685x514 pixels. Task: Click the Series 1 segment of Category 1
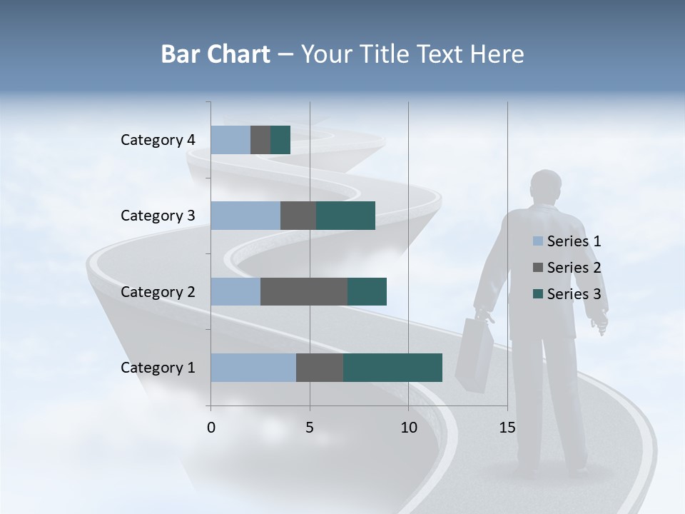253,368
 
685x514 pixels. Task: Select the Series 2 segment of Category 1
320,368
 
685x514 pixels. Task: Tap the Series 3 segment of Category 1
392,368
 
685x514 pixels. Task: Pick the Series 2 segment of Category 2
304,291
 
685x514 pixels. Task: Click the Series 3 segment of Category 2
367,291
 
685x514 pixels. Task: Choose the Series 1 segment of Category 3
245,216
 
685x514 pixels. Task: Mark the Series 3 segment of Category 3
345,216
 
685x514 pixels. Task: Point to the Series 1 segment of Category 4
230,140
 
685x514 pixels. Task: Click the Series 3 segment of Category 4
280,140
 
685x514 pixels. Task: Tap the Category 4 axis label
158,140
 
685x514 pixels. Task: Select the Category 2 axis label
158,291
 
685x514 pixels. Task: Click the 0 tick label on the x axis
211,428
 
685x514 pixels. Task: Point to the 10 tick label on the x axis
408,428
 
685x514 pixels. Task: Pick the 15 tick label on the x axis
507,428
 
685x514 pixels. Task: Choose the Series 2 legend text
574,268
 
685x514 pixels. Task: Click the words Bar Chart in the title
215,54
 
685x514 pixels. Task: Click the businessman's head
547,188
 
